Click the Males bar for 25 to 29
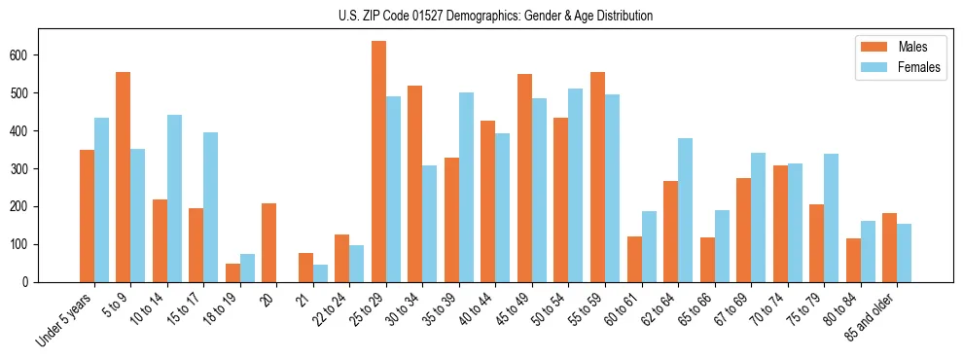click(378, 162)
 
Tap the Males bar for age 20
click(269, 242)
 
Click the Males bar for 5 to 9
click(124, 177)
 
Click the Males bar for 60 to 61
click(634, 259)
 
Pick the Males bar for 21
click(305, 268)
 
